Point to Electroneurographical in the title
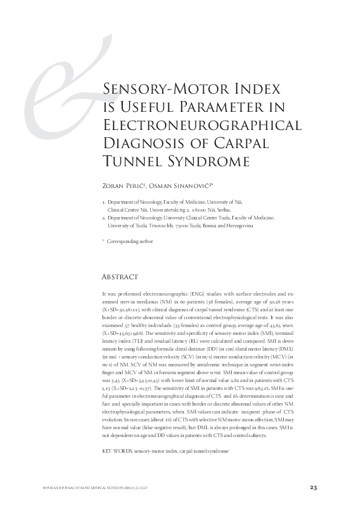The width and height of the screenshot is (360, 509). click(x=203, y=126)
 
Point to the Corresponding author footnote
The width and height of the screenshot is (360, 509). click(x=129, y=241)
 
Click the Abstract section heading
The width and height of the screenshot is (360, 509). click(x=120, y=277)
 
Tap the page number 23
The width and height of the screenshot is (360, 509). click(x=313, y=487)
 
